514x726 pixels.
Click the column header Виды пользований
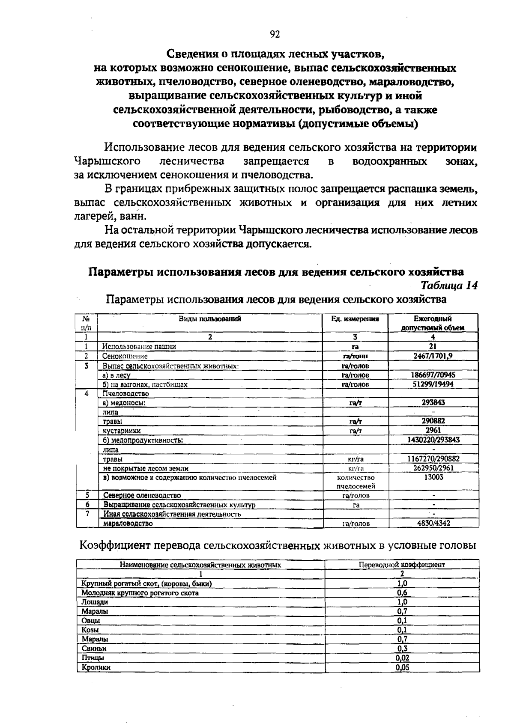point(210,318)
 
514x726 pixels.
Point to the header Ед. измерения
point(355,318)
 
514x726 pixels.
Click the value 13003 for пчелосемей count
point(433,477)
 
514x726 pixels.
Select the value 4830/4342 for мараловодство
point(433,523)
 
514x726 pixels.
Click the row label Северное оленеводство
point(142,495)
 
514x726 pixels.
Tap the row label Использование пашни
point(139,346)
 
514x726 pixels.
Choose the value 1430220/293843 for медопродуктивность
point(433,440)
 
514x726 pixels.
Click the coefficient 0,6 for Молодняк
point(402,593)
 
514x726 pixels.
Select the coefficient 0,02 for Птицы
point(402,658)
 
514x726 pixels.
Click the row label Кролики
point(96,667)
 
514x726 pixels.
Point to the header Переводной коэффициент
point(402,565)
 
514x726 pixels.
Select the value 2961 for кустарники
point(433,430)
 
